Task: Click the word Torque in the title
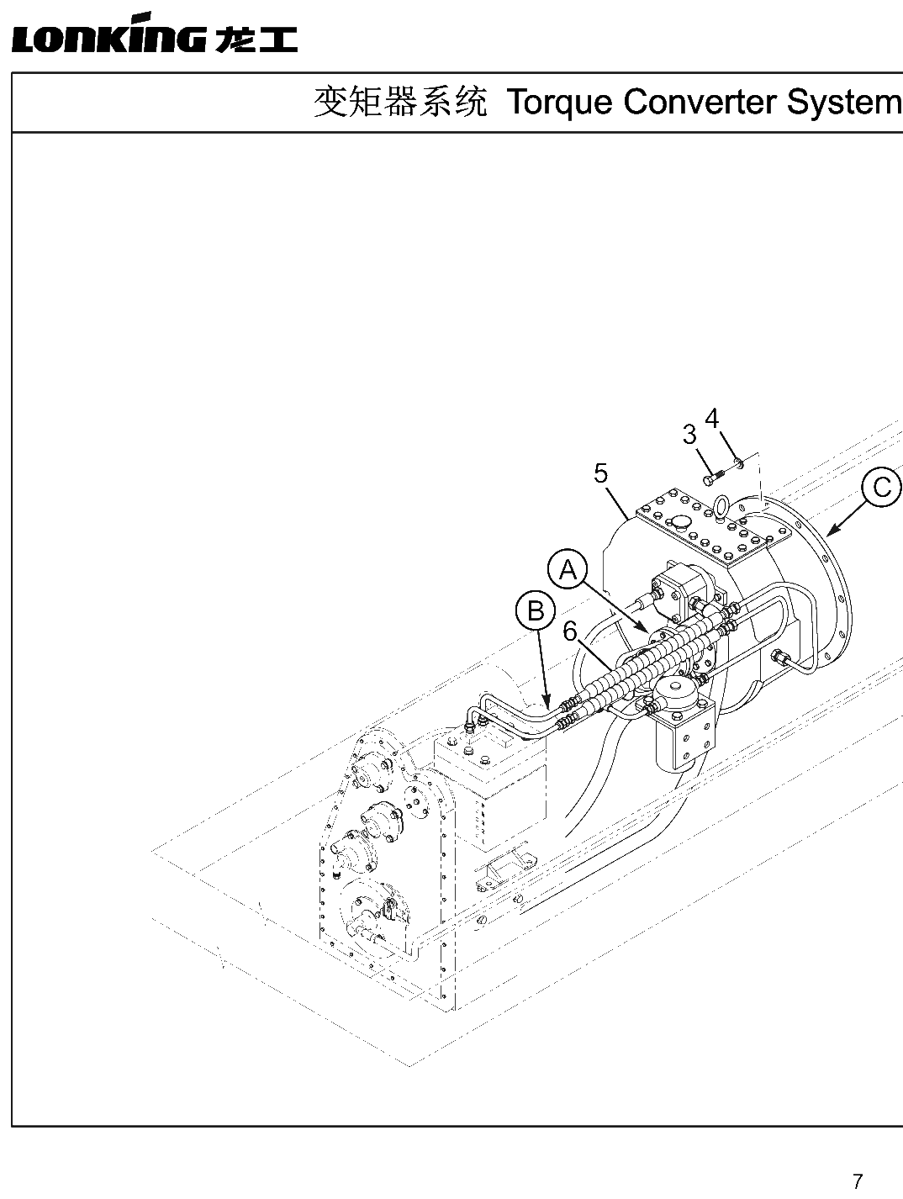pos(560,103)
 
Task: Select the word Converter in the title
pos(700,102)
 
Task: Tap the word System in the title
pos(844,103)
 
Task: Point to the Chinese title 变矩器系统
pos(400,102)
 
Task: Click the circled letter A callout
pos(568,570)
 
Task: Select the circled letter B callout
pos(536,610)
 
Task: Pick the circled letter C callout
pos(882,486)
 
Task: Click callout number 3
pos(690,435)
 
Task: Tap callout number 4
pos(712,419)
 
